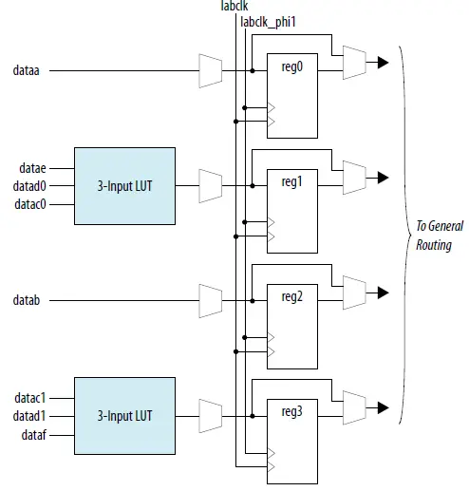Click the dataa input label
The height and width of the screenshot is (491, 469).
pyautogui.click(x=27, y=70)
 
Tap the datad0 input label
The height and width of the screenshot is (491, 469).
pyautogui.click(x=31, y=186)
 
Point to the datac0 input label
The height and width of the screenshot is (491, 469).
pyautogui.click(x=31, y=204)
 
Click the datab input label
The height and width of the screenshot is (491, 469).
pyautogui.click(x=27, y=300)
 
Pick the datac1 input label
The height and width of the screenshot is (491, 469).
pyautogui.click(x=31, y=397)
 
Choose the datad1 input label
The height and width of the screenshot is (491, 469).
pyautogui.click(x=31, y=415)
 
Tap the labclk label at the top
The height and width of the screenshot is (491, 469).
pyautogui.click(x=233, y=7)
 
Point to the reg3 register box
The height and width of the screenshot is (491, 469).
pyautogui.click(x=293, y=435)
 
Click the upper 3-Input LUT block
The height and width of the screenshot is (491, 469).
pyautogui.click(x=124, y=186)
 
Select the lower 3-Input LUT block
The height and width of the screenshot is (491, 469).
pyautogui.click(x=124, y=415)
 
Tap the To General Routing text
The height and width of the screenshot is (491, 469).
pyautogui.click(x=435, y=236)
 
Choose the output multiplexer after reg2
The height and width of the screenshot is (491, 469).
pyautogui.click(x=353, y=292)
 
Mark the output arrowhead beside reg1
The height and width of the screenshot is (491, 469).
pyautogui.click(x=383, y=177)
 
